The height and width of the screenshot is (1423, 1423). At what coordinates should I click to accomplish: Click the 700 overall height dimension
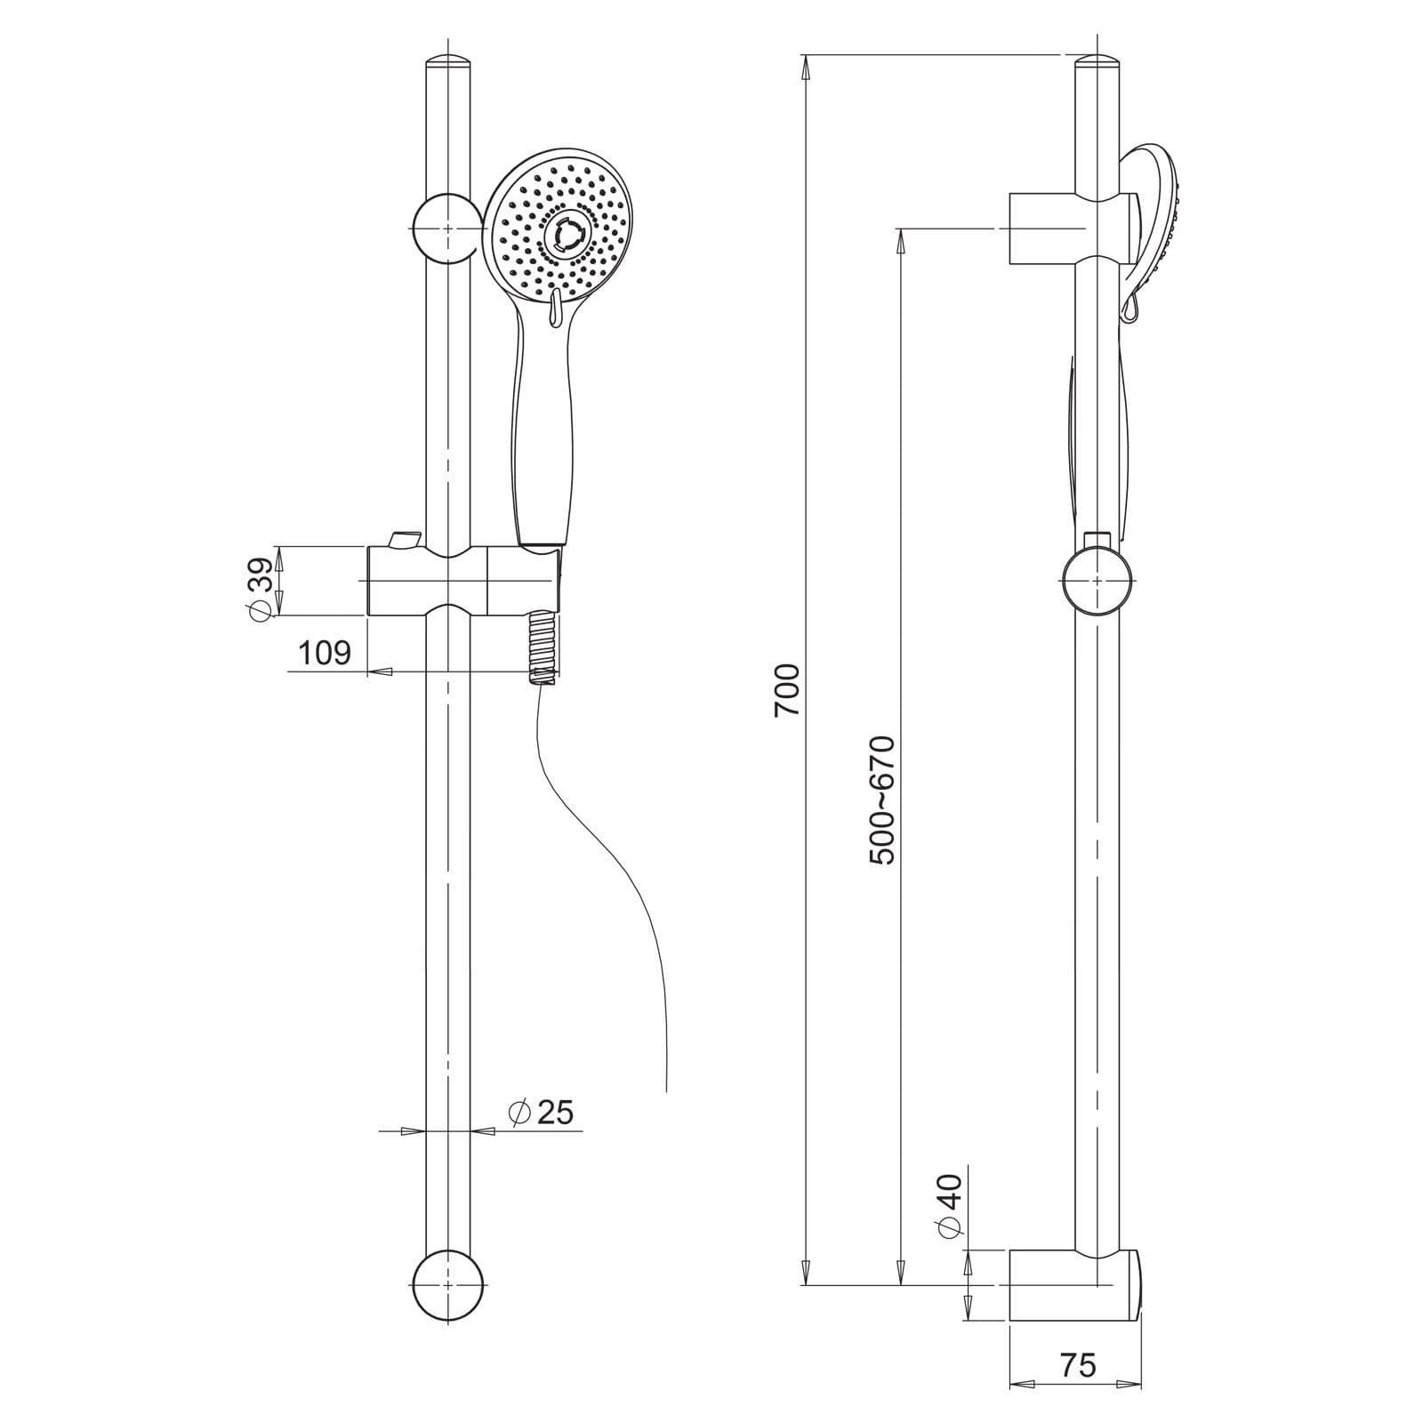pos(788,690)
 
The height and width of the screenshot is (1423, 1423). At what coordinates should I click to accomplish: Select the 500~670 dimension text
pos(883,800)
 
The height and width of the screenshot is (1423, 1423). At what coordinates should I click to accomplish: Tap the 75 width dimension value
pos(1078,1365)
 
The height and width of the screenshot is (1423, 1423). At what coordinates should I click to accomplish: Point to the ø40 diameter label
pos(950,1206)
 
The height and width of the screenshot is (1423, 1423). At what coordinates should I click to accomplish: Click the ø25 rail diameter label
pos(541,1112)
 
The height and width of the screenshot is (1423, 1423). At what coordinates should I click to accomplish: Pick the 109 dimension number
pos(325,653)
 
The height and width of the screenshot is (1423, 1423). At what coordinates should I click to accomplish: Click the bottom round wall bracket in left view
pos(448,1285)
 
